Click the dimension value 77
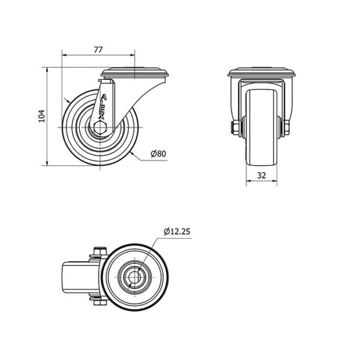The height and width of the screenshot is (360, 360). point(98,50)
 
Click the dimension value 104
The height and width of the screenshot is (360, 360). point(41,116)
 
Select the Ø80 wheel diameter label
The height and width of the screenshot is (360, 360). point(158,154)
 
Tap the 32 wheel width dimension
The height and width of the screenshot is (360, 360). point(262,175)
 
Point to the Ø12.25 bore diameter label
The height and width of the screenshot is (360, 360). point(177,232)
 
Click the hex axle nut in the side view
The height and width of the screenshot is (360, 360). point(101,127)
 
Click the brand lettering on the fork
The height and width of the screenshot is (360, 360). point(103,107)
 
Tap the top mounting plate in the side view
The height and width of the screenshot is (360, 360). point(135,72)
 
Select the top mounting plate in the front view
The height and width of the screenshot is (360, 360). point(262,72)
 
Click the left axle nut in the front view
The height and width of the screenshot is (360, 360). point(235,128)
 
